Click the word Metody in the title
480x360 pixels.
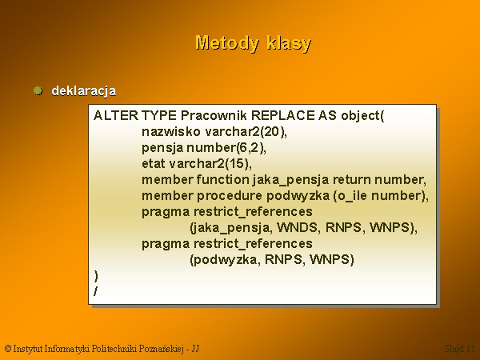coord(227,42)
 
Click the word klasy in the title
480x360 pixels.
coord(289,43)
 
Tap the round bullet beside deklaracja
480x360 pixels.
coord(38,90)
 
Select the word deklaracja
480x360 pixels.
coord(83,91)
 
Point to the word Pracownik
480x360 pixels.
coord(214,116)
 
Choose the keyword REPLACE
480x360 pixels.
coord(282,116)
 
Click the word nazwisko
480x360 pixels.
coord(171,132)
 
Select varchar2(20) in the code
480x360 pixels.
coord(246,132)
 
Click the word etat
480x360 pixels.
coord(154,163)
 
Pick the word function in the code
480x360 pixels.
coord(222,179)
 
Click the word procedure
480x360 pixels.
coord(230,196)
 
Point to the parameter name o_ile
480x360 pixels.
coord(350,196)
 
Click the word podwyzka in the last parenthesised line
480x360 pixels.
coord(226,259)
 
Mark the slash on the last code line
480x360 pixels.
coord(96,291)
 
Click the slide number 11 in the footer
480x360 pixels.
coord(470,348)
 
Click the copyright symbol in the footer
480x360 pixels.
coord(8,348)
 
